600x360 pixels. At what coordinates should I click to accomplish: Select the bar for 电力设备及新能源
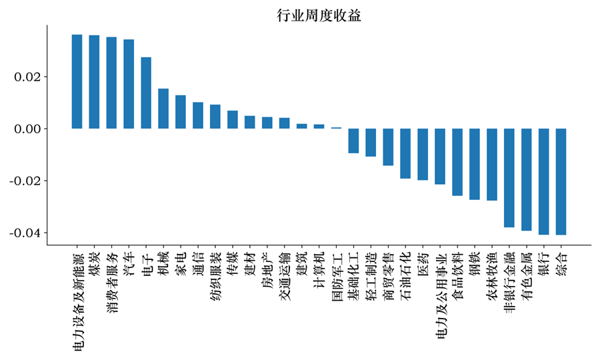pyautogui.click(x=77, y=81)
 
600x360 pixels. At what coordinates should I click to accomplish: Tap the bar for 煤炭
pyautogui.click(x=94, y=82)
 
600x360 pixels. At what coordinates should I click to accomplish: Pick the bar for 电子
pyautogui.click(x=146, y=93)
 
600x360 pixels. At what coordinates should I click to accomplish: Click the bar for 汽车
pyautogui.click(x=129, y=84)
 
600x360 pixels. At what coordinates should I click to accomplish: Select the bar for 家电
pyautogui.click(x=181, y=112)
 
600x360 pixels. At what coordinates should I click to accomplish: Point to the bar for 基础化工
pyautogui.click(x=353, y=141)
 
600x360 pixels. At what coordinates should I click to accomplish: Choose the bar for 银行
pyautogui.click(x=543, y=181)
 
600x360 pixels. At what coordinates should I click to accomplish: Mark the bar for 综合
pyautogui.click(x=561, y=181)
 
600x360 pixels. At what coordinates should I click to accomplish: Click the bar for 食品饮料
pyautogui.click(x=457, y=162)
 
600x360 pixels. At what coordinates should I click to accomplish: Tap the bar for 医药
pyautogui.click(x=423, y=154)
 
